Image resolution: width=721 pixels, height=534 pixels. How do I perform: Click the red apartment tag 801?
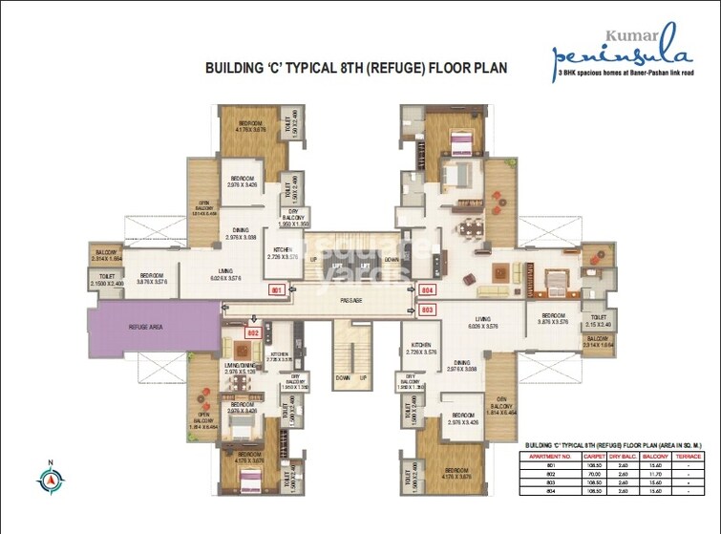(x=278, y=288)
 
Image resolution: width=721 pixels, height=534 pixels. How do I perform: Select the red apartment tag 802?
(x=253, y=333)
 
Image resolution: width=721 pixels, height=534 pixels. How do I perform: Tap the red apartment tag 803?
(x=428, y=310)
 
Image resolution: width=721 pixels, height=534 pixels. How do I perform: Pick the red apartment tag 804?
(x=428, y=288)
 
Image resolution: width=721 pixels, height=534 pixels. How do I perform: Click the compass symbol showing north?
(x=48, y=475)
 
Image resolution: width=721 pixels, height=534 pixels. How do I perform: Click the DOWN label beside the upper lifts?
(x=392, y=259)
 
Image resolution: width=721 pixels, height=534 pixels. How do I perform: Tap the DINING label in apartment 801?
(x=242, y=231)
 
